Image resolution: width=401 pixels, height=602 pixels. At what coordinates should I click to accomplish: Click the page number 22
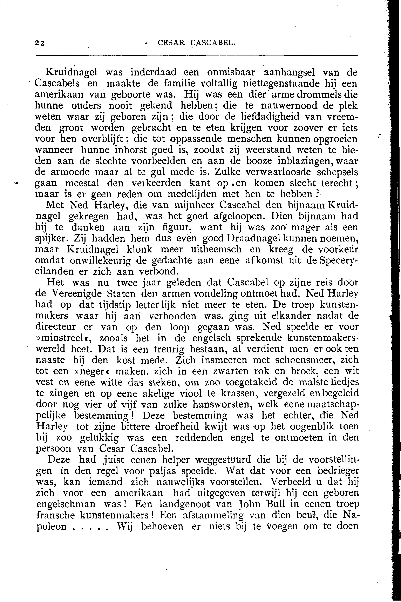tap(40, 43)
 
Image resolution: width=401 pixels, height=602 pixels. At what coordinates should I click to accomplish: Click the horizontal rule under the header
tap(196, 55)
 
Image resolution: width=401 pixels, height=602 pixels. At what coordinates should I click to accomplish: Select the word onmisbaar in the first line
tap(232, 72)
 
